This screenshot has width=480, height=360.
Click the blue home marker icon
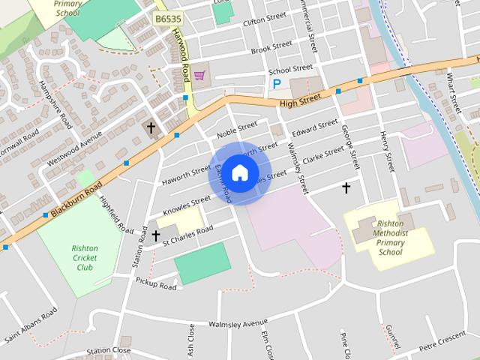pyautogui.click(x=239, y=172)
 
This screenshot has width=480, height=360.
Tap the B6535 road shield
pyautogui.click(x=167, y=17)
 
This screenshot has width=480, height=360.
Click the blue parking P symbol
pyautogui.click(x=277, y=84)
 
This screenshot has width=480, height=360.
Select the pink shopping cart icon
pyautogui.click(x=199, y=75)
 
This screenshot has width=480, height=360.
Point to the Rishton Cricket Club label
pyautogui.click(x=85, y=257)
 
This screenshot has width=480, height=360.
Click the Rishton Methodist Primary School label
pyautogui.click(x=390, y=238)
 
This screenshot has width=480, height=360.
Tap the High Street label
pyautogui.click(x=298, y=100)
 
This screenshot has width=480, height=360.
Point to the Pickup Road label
pyautogui.click(x=156, y=283)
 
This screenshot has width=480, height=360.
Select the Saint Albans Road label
pyautogui.click(x=30, y=325)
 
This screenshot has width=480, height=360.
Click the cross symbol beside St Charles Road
pyautogui.click(x=156, y=235)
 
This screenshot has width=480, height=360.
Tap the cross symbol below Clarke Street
pyautogui.click(x=346, y=187)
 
